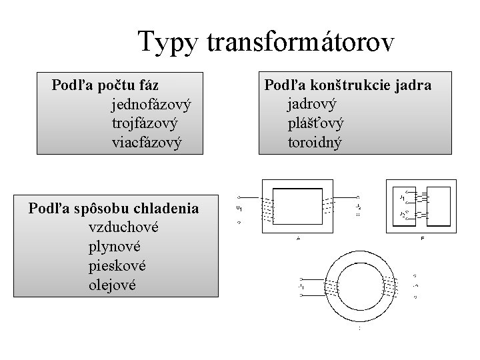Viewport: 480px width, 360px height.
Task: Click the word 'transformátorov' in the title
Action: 302,42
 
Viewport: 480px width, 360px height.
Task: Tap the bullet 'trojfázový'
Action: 145,123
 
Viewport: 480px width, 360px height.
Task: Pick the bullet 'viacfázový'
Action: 147,142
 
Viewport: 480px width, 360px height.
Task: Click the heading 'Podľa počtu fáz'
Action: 105,86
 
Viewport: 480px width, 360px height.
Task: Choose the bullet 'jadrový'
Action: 312,104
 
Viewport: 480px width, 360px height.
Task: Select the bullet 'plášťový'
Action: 316,123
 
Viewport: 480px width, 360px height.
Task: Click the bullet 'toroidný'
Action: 315,141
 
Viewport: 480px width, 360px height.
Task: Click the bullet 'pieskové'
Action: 117,265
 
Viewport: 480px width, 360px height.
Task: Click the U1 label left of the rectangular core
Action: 239,209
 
